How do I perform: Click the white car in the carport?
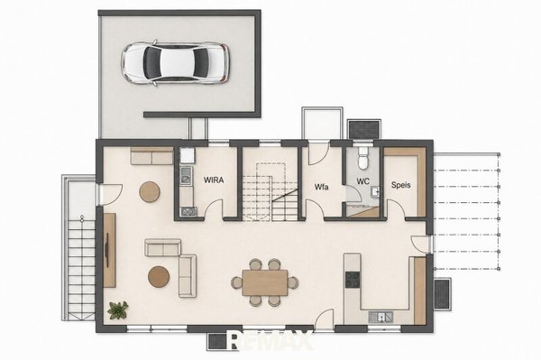click(x=175, y=63)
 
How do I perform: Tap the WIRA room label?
click(x=214, y=180)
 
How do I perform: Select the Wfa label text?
click(x=321, y=187)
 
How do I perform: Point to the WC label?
click(x=362, y=181)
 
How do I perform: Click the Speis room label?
click(x=401, y=185)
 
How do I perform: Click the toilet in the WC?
click(x=362, y=158)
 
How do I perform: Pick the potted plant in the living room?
click(x=117, y=309)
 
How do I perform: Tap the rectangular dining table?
click(x=265, y=282)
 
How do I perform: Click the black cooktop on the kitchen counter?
click(x=353, y=280)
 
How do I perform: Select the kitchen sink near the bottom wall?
click(x=381, y=317)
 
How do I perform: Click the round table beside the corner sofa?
click(x=159, y=276)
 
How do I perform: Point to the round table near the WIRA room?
click(x=150, y=192)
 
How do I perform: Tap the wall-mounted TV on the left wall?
click(x=107, y=250)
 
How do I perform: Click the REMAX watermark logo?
click(x=270, y=340)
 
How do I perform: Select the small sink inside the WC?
click(x=375, y=191)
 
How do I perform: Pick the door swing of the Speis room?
click(x=396, y=208)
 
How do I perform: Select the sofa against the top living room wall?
click(x=151, y=156)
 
